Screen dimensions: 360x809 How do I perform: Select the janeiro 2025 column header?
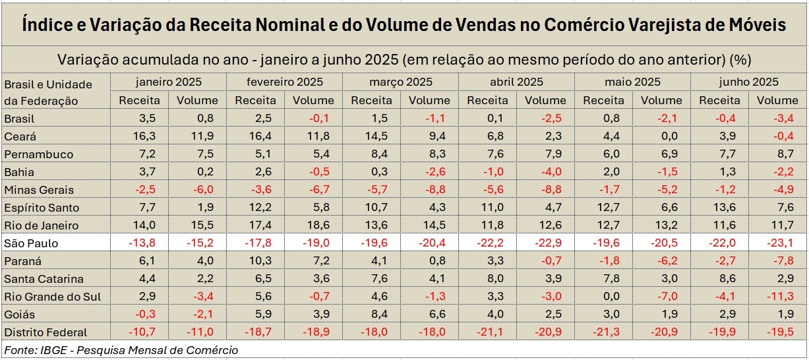(x=168, y=82)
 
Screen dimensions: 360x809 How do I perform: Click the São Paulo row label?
(x=31, y=243)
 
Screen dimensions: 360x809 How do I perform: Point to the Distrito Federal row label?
(x=45, y=332)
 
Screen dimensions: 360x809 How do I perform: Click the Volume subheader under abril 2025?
(x=545, y=101)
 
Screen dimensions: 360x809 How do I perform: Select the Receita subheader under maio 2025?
(x=603, y=101)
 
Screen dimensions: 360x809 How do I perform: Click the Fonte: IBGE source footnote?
(x=121, y=350)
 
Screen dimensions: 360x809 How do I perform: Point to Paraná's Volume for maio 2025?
(x=661, y=261)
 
